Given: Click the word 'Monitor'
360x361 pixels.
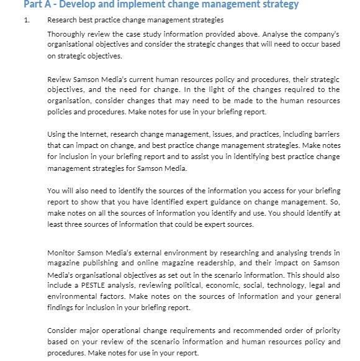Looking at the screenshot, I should tap(62, 253).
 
